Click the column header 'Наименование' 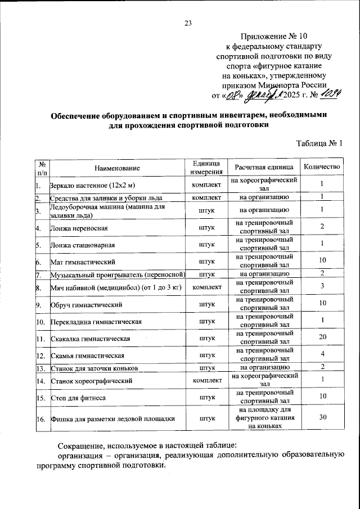click(x=117, y=168)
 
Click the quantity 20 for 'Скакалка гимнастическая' click(x=322, y=337)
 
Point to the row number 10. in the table click(x=40, y=322)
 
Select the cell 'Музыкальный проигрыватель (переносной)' click(x=118, y=274)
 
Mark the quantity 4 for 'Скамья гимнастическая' click(x=322, y=353)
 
